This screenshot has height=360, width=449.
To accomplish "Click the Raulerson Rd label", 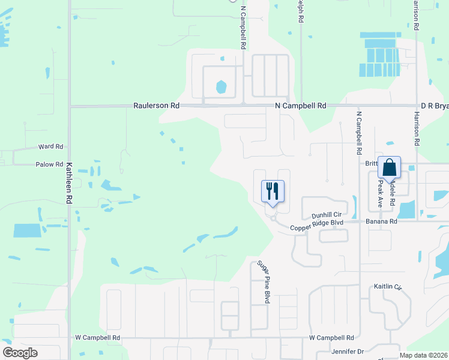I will click(x=158, y=106).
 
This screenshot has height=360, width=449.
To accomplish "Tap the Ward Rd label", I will click(x=50, y=146).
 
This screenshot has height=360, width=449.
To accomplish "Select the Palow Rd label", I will click(x=49, y=164).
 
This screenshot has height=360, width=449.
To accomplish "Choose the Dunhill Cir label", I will click(x=327, y=215).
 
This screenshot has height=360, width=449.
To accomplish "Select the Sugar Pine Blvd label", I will click(x=263, y=281).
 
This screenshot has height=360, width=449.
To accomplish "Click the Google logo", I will click(x=20, y=353).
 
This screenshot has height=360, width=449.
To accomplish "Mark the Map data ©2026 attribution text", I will click(x=423, y=355).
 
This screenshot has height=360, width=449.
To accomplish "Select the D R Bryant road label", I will click(x=434, y=106).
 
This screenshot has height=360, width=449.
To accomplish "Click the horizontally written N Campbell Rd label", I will click(x=300, y=106).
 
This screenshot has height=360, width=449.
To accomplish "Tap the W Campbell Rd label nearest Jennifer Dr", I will click(x=331, y=338).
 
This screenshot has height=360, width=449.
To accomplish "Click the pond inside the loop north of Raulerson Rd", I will click(x=221, y=86).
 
